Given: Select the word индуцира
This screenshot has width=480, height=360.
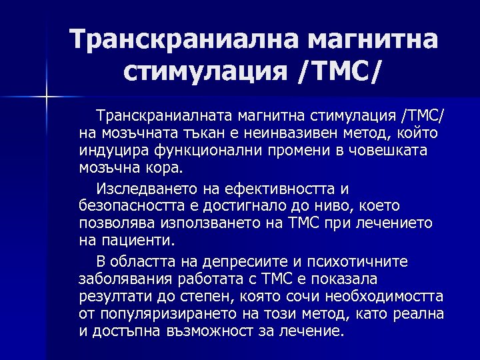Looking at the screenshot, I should tap(110, 149).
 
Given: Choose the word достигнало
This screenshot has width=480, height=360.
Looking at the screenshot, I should tap(252, 206).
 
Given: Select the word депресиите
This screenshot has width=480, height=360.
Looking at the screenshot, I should tap(225, 261).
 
